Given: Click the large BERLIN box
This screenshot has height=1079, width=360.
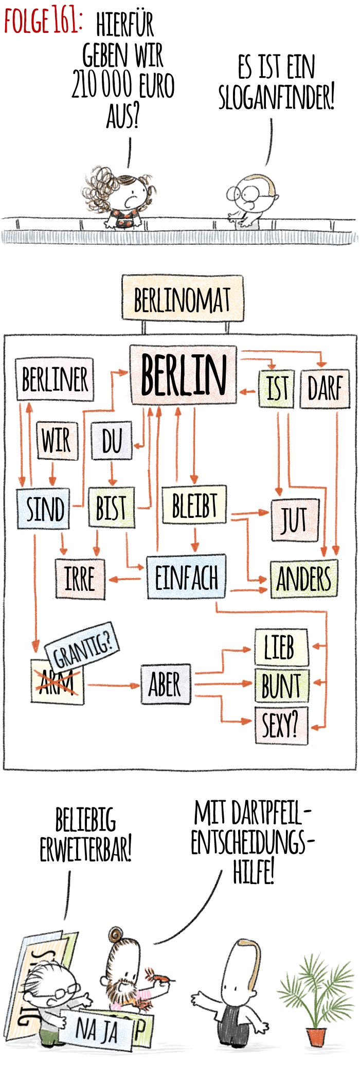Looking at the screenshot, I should tap(183, 374).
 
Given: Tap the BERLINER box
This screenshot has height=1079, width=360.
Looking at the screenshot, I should tap(55, 380).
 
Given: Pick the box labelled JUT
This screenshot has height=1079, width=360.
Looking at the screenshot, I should tap(295, 519).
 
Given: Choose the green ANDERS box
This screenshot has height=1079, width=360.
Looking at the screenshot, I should tap(304, 579).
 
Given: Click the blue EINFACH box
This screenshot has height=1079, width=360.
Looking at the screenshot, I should tap(186, 577).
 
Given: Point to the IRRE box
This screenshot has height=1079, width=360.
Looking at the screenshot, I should tap(80, 579).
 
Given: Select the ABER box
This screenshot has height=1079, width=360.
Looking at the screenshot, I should tap(165, 685).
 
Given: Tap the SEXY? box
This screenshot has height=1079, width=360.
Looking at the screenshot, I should tap(281, 725).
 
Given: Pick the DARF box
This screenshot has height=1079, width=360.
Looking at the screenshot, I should tap(325, 388).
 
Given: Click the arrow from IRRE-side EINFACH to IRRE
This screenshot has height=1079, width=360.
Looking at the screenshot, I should tap(125, 579).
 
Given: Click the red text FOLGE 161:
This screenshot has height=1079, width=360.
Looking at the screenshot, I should tap(42, 22).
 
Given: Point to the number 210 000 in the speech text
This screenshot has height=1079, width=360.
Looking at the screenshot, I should tap(102, 85).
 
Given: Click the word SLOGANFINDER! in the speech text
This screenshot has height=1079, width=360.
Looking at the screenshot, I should tap(277, 98).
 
